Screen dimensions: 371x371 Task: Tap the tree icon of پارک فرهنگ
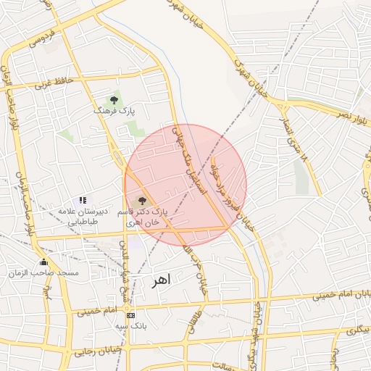point(113,99)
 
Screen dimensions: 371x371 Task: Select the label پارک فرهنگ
point(115,111)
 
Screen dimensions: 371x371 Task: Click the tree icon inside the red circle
point(141,200)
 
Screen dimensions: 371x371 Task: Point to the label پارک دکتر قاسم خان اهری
point(147,217)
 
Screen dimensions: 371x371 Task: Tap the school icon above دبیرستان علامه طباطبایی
point(83,200)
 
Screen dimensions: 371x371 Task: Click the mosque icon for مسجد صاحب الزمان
point(43,262)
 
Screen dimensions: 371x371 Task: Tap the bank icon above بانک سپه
point(130,316)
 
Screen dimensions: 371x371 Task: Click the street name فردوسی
point(43,40)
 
